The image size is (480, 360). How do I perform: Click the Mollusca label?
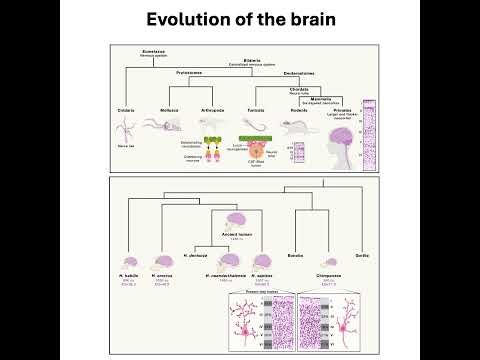click(169, 109)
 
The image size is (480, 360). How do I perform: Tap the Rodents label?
click(298, 109)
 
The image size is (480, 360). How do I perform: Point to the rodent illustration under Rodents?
click(297, 127)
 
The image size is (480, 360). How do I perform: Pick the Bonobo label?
click(294, 256)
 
